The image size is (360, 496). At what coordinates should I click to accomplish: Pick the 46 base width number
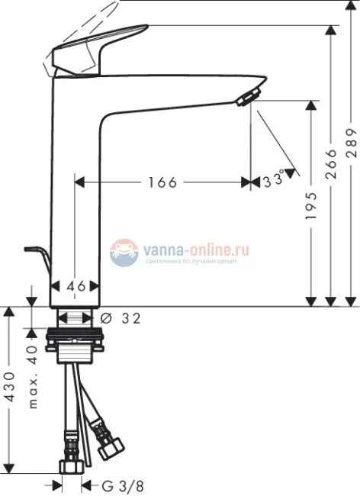[75, 285]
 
